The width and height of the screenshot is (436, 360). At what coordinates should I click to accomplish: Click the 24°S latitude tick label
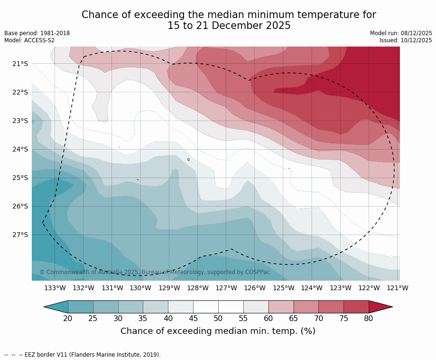pyautogui.click(x=19, y=149)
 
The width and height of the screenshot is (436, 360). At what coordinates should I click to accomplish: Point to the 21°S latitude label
pyautogui.click(x=19, y=64)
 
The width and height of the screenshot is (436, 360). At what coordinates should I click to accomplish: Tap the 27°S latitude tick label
pyautogui.click(x=19, y=235)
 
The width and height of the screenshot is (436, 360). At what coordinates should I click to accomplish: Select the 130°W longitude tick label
pyautogui.click(x=140, y=288)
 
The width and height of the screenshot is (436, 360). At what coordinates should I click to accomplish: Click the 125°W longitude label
pyautogui.click(x=283, y=288)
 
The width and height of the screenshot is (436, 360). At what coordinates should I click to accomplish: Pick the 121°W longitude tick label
pyautogui.click(x=398, y=288)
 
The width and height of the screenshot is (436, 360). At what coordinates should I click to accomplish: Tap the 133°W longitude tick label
pyautogui.click(x=55, y=288)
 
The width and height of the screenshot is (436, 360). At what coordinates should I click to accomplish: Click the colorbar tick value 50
pyautogui.click(x=218, y=318)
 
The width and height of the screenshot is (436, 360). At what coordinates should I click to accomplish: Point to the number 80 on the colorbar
pyautogui.click(x=369, y=318)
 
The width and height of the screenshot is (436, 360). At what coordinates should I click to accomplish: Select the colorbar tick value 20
pyautogui.click(x=68, y=318)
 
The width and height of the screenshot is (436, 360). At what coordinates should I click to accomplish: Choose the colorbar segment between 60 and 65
pyautogui.click(x=281, y=307)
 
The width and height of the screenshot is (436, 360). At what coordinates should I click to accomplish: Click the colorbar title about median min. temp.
pyautogui.click(x=218, y=331)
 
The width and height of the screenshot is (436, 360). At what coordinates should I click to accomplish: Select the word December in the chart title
pyautogui.click(x=217, y=26)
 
